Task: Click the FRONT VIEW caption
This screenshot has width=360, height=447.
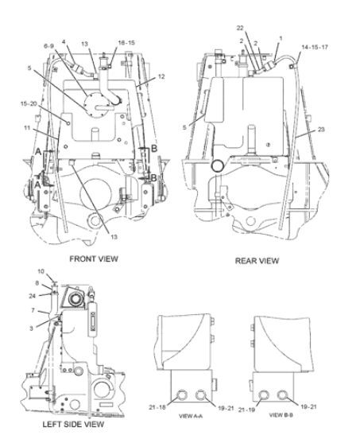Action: pyautogui.click(x=94, y=258)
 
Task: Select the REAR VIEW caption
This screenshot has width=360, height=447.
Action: pyautogui.click(x=257, y=261)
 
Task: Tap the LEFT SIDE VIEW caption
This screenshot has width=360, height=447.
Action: pyautogui.click(x=73, y=424)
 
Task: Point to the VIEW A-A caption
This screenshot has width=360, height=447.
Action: pyautogui.click(x=191, y=416)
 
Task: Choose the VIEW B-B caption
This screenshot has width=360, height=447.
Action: pyautogui.click(x=281, y=415)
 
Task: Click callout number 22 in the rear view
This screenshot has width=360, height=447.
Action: pyautogui.click(x=240, y=28)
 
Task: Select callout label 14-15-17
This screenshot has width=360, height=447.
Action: pyautogui.click(x=315, y=47)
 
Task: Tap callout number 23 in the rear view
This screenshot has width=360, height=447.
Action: pyautogui.click(x=321, y=130)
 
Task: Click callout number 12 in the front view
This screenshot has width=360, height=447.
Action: pyautogui.click(x=161, y=76)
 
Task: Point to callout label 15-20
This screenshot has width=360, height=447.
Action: pyautogui.click(x=29, y=103)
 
